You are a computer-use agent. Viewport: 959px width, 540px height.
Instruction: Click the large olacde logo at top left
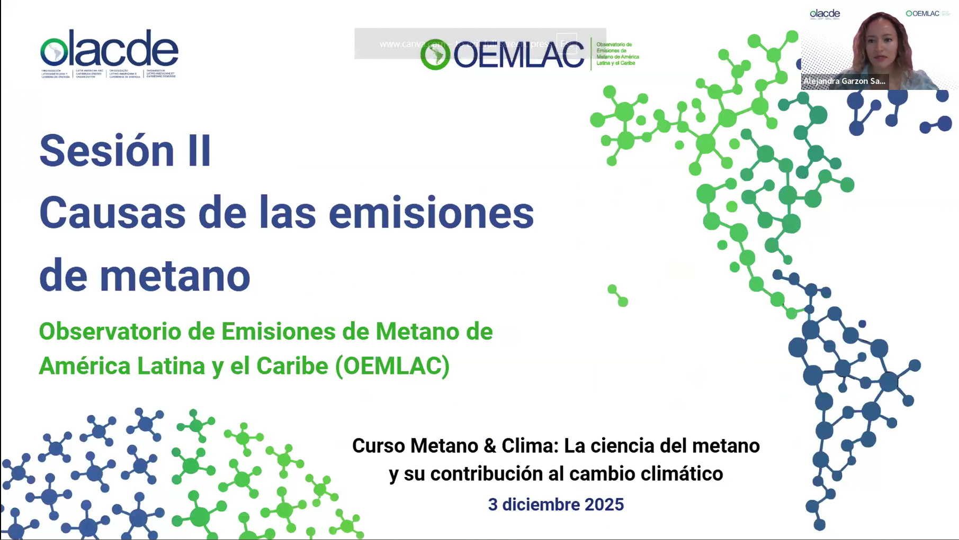tap(109, 52)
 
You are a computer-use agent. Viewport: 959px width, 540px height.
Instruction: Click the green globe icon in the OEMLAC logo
tap(435, 54)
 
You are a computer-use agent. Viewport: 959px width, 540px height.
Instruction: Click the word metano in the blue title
tap(175, 276)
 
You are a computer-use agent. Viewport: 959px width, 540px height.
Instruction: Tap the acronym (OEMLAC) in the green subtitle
tap(392, 366)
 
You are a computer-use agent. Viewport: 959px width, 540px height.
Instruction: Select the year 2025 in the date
tap(604, 505)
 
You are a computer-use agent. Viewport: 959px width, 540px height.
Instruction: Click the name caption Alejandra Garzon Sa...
tap(844, 81)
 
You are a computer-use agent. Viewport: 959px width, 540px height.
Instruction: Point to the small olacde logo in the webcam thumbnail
tap(824, 14)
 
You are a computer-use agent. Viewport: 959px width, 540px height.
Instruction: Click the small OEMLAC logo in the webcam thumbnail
tap(923, 14)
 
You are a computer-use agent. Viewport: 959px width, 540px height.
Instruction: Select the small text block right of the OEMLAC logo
tap(617, 54)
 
